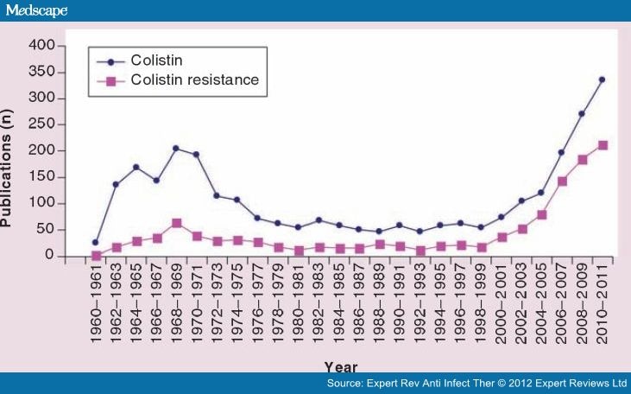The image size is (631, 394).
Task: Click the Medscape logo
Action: (35, 10)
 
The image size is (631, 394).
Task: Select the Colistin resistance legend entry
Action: (194, 80)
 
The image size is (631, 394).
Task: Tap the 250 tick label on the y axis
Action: (41, 124)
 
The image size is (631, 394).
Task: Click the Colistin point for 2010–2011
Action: (602, 79)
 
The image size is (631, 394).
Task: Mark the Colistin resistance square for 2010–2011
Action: (603, 145)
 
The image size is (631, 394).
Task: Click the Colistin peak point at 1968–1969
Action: (175, 149)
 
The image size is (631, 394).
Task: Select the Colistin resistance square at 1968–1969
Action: (175, 223)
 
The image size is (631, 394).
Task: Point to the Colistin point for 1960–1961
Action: (95, 242)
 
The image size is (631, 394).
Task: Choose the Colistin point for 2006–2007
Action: (562, 152)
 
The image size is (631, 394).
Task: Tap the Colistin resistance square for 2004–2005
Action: (541, 214)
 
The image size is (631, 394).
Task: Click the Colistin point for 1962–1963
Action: (116, 184)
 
